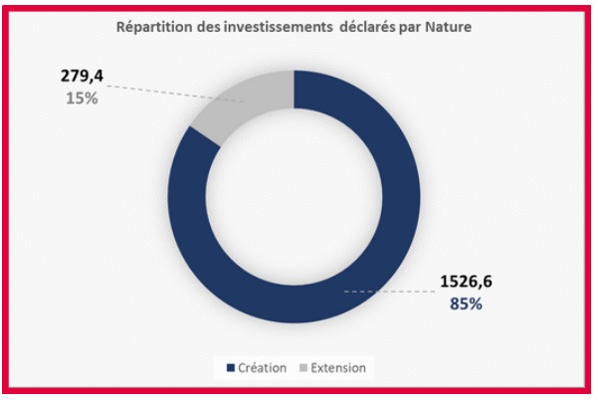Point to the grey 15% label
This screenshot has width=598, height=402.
(x=82, y=99)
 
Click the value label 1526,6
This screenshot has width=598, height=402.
(x=465, y=282)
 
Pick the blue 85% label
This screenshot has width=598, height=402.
(x=465, y=303)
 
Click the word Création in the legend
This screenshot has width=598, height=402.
(x=263, y=368)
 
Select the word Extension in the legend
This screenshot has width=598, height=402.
(x=338, y=368)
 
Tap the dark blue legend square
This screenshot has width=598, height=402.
(x=231, y=368)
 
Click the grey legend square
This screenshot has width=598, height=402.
(x=302, y=368)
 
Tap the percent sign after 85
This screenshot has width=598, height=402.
(x=476, y=303)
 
